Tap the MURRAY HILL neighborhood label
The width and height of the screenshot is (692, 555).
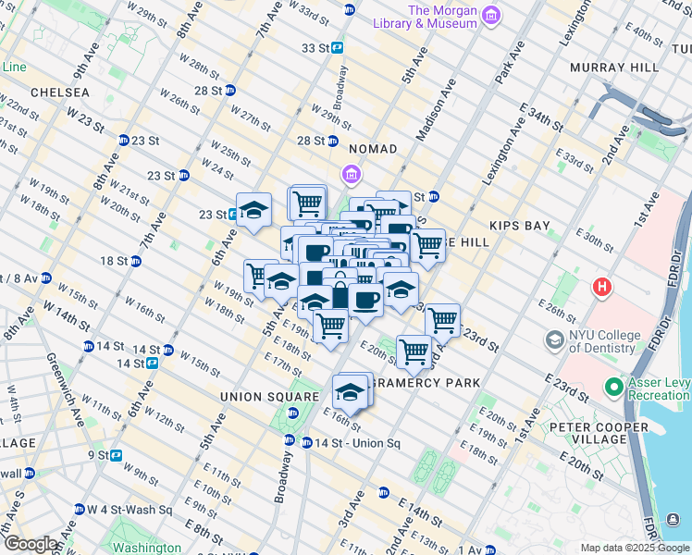[x=614, y=68]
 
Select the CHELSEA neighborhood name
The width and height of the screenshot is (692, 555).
[x=60, y=93]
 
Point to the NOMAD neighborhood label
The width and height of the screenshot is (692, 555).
[x=373, y=149]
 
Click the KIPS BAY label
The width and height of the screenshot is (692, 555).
[x=521, y=226]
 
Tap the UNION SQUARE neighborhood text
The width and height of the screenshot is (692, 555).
[x=256, y=397]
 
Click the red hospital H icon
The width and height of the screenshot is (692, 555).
[x=602, y=288]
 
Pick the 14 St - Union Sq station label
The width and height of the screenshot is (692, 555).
[x=356, y=443]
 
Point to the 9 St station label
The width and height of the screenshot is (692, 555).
[x=98, y=455]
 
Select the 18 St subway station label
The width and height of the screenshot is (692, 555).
[x=115, y=261]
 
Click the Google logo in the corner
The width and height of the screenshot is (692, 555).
[x=30, y=544]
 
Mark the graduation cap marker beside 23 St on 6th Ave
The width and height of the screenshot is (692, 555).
[x=253, y=210]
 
